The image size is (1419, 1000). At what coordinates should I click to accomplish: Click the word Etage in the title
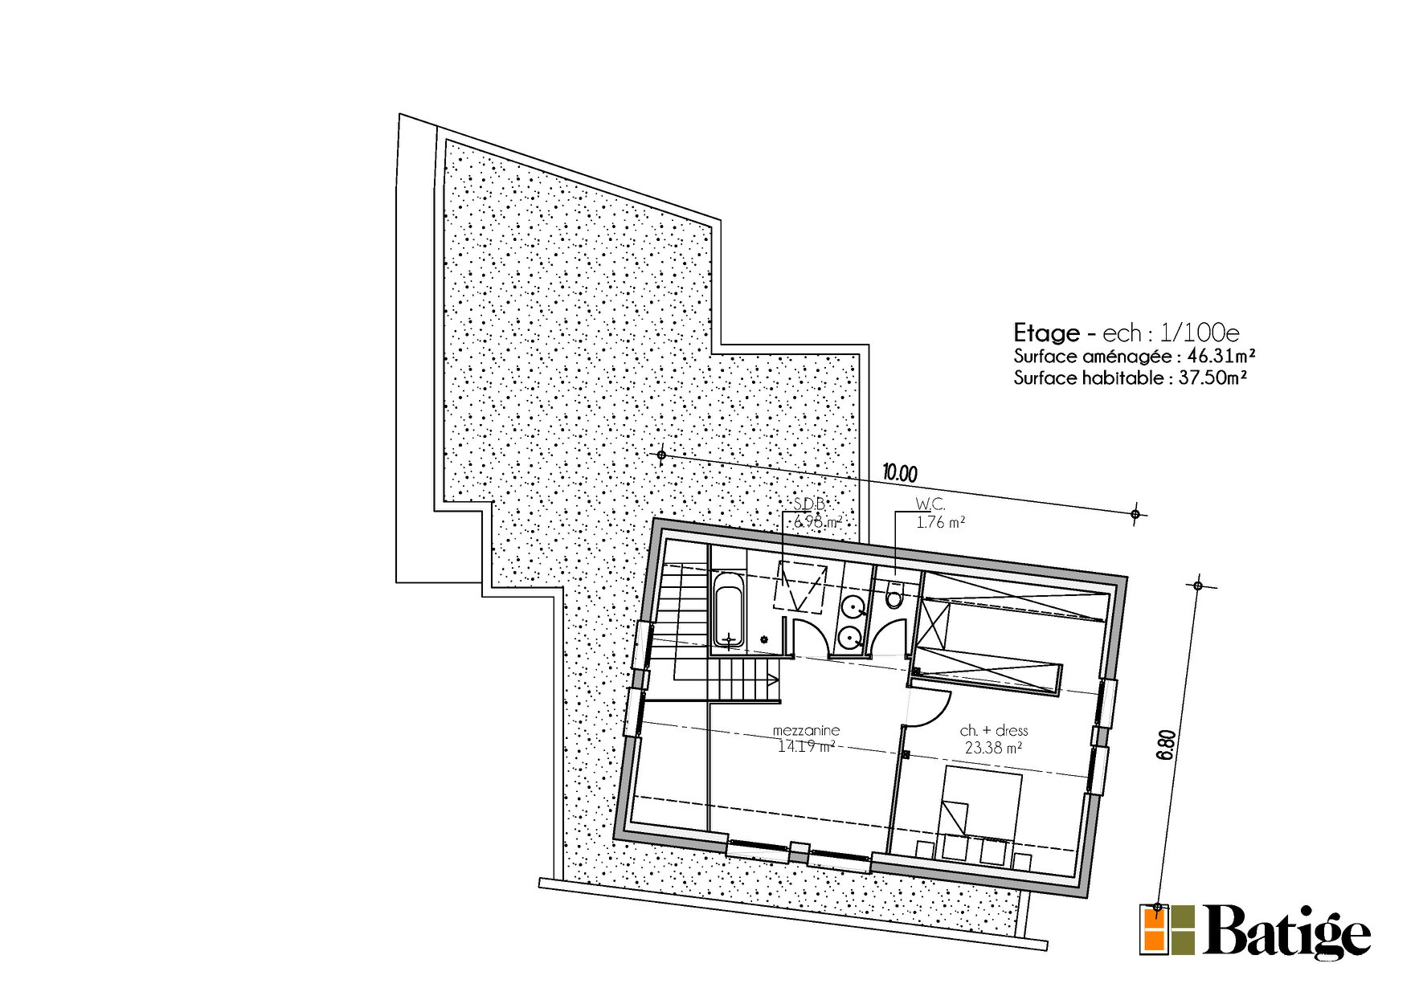pos(1045,333)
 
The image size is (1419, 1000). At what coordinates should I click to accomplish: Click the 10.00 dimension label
pos(900,473)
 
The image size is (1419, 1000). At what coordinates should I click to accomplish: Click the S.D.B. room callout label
pos(809,504)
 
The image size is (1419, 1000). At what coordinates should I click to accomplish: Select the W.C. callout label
pos(930,504)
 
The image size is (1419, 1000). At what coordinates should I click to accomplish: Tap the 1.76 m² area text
pos(940,523)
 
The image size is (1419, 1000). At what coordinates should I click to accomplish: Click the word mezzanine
pos(806,730)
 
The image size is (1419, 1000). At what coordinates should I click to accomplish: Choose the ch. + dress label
pos(994,731)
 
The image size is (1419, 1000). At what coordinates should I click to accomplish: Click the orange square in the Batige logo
pos(1155,929)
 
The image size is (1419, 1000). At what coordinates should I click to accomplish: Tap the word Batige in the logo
pos(1286,932)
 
